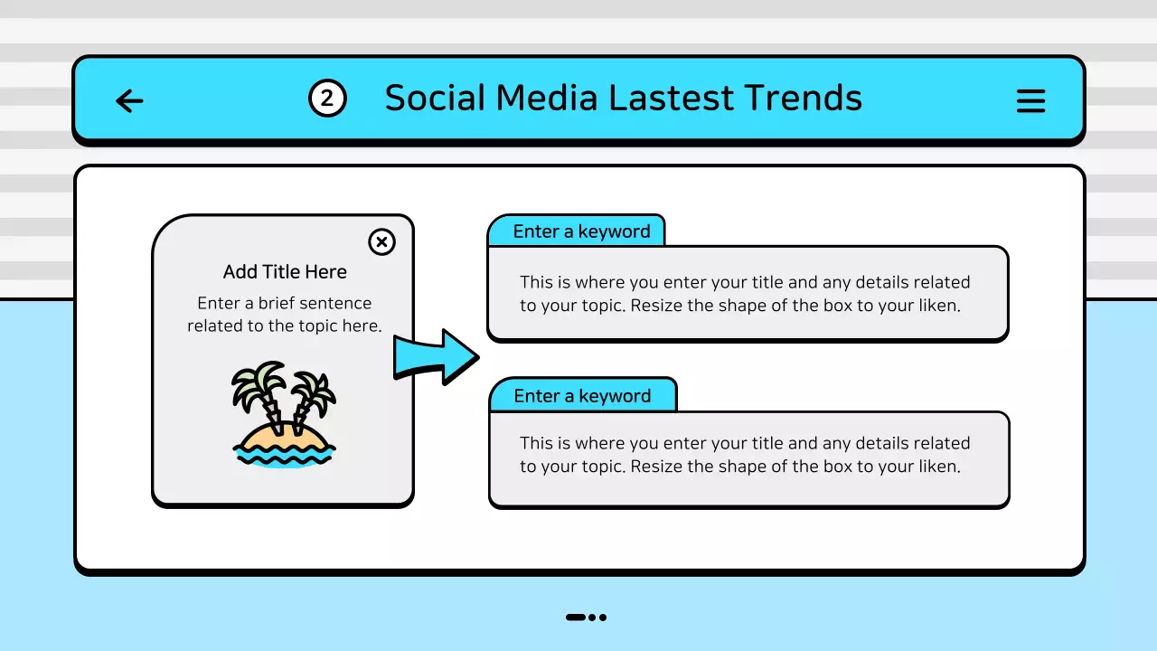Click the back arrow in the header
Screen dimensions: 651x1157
pos(130,100)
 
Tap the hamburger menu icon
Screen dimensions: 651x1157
pos(1030,100)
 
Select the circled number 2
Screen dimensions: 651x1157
pos(327,99)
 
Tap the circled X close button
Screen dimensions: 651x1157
pos(382,241)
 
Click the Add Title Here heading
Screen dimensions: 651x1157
pos(285,272)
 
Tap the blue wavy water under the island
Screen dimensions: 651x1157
pos(284,457)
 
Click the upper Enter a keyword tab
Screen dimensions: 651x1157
pos(580,231)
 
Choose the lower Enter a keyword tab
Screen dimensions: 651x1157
pos(581,396)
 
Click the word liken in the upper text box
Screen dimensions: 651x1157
pos(937,306)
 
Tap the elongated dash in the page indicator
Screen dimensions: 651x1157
pos(576,618)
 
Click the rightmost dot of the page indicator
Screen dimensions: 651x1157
pos(603,618)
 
